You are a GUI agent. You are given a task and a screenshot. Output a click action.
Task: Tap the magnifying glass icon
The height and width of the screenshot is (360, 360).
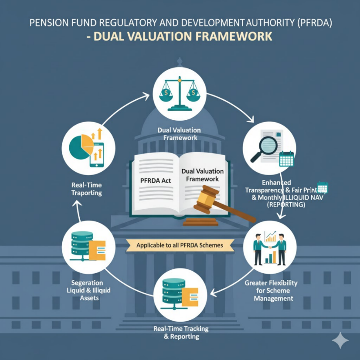click(265, 145)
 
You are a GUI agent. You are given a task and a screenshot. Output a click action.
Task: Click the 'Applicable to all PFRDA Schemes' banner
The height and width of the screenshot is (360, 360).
click(180, 245)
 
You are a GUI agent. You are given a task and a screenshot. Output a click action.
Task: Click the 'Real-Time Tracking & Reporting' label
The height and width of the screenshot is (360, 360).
click(180, 332)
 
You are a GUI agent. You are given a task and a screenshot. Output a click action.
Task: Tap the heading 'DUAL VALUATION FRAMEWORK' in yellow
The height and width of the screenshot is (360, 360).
click(180, 36)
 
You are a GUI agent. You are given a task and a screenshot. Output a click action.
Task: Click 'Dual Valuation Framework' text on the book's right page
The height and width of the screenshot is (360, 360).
click(202, 175)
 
